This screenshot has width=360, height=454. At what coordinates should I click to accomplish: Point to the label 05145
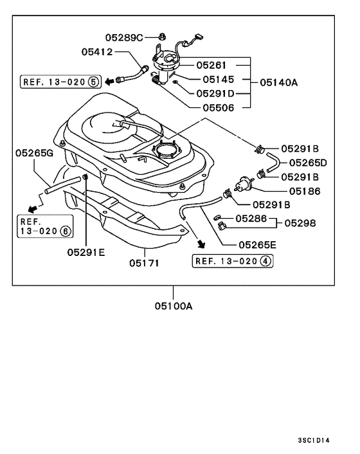coord(219,79)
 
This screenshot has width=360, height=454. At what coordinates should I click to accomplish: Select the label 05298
coord(301,223)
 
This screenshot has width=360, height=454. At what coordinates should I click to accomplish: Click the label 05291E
coord(85,253)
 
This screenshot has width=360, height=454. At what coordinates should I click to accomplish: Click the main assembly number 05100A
coord(173,306)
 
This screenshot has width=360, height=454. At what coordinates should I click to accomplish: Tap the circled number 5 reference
coord(93,82)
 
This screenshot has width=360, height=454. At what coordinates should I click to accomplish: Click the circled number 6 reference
coord(65,230)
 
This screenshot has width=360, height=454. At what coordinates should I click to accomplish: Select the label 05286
coord(250,219)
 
